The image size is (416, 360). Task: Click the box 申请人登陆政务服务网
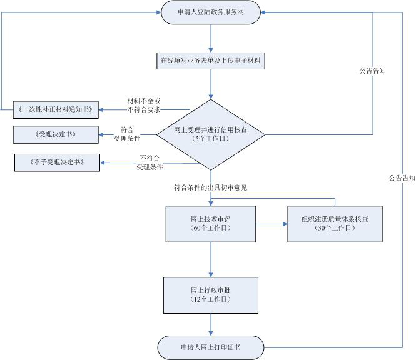210,12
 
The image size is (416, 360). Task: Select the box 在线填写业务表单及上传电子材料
210,61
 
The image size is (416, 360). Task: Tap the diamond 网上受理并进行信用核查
211,134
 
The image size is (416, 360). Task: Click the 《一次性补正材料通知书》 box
56,109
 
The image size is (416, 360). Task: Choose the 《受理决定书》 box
56,134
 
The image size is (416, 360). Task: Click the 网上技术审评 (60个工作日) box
211,224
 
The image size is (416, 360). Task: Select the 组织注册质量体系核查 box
335,224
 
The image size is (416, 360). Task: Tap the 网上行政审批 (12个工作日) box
211,296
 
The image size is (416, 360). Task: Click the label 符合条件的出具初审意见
211,187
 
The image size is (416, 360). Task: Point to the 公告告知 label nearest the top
372,71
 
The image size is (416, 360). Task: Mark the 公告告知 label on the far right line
401,177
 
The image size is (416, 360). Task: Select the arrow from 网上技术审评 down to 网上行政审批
211,259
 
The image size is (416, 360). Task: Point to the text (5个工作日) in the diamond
211,138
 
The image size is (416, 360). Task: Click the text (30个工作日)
335,228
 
